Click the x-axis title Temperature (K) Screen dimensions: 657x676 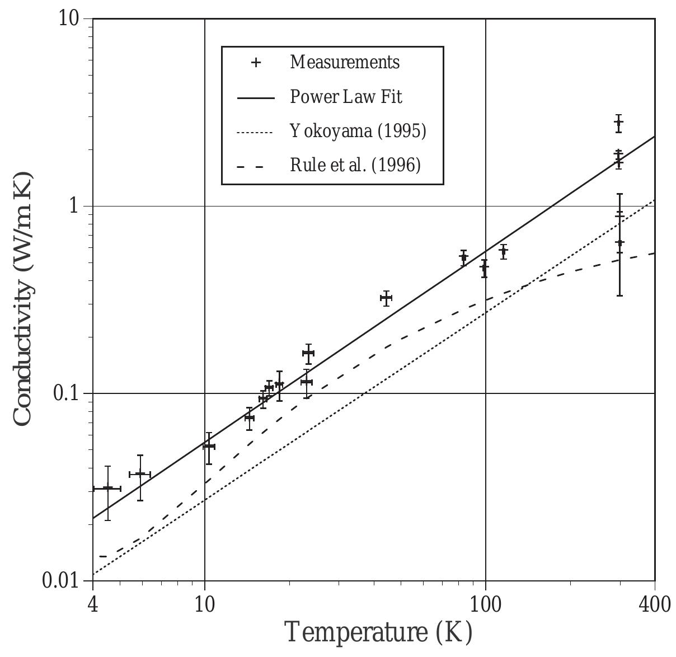point(379,632)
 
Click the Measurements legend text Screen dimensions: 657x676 point(345,62)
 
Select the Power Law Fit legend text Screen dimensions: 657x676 point(346,97)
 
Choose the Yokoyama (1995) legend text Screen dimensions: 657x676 point(358,131)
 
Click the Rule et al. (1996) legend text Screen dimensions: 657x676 point(355,165)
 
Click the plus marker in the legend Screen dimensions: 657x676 point(256,62)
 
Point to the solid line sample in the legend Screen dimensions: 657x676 point(256,98)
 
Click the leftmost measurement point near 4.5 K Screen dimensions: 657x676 point(107,488)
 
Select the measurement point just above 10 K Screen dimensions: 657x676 point(209,446)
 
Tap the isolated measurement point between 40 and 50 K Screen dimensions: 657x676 point(386,298)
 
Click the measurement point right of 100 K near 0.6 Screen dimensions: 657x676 point(504,251)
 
